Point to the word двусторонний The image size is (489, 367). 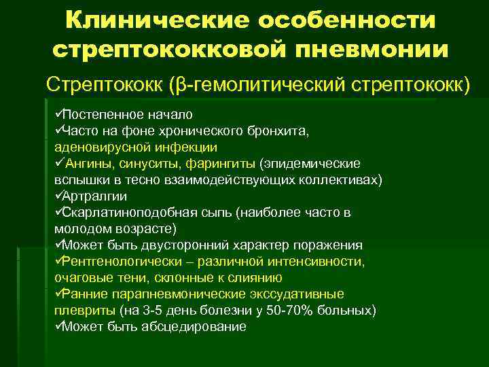184,245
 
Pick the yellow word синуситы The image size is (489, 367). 156,163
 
